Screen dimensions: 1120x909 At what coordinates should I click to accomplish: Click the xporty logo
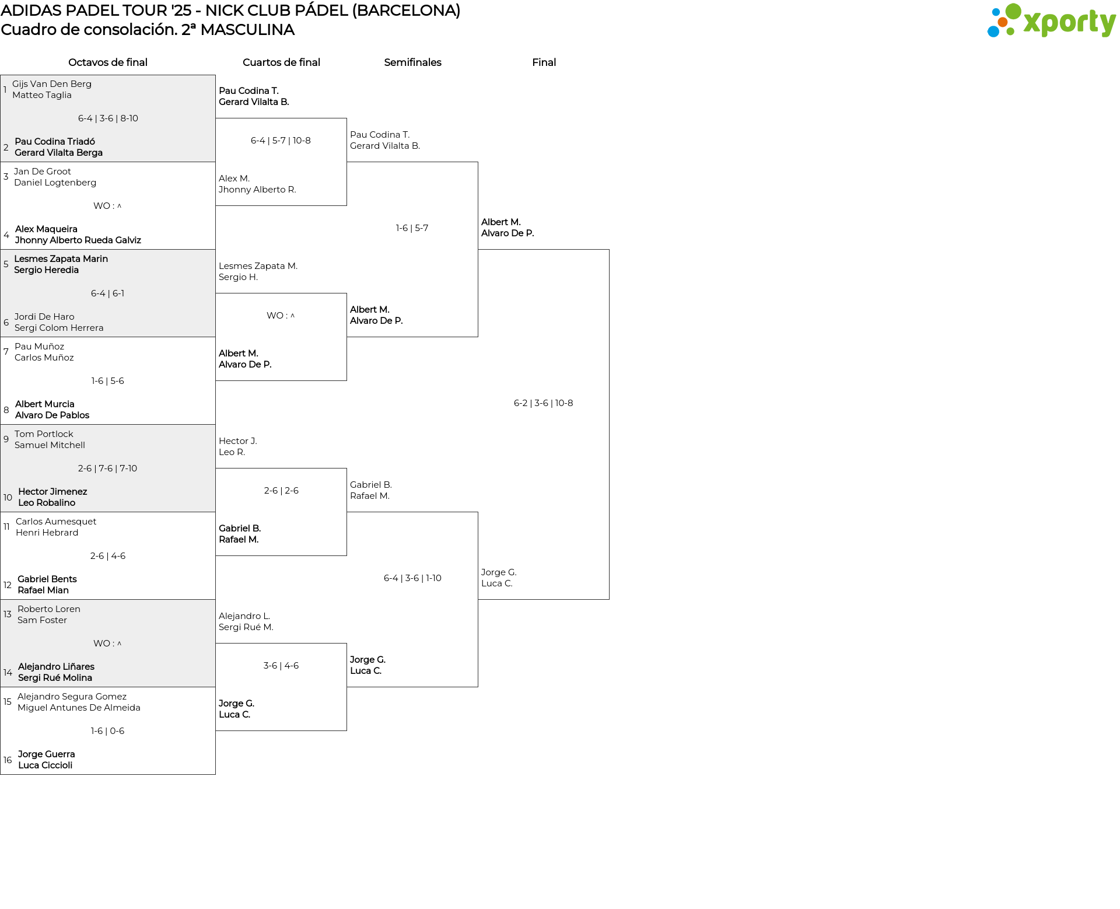1051,21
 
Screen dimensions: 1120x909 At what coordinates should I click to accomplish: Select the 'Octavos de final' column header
108,62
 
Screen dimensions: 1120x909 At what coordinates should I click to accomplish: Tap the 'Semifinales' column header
412,62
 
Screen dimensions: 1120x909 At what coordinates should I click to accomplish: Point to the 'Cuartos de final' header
281,62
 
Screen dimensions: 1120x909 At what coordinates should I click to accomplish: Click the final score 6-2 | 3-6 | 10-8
544,403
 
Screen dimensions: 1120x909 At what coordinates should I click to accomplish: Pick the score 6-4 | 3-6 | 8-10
108,118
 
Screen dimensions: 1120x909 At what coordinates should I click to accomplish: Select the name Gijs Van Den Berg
52,84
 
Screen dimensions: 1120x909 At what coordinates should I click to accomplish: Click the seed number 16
8,760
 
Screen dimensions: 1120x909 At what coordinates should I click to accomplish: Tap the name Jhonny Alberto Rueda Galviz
78,240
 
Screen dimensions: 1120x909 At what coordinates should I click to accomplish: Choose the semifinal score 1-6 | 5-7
412,228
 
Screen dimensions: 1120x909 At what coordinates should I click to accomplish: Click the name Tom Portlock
44,434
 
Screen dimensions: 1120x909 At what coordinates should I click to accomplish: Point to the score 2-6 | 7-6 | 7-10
108,469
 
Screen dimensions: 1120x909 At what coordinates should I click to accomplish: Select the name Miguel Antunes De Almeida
79,708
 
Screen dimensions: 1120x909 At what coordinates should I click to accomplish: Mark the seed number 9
6,439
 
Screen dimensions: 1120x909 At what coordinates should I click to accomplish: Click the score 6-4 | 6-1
108,293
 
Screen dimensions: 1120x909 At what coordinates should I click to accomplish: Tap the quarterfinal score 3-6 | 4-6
281,666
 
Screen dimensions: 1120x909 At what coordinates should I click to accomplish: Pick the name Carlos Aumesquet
56,522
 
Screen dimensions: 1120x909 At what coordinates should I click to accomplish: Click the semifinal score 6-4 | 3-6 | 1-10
412,578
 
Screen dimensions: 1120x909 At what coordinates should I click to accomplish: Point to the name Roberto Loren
49,609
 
